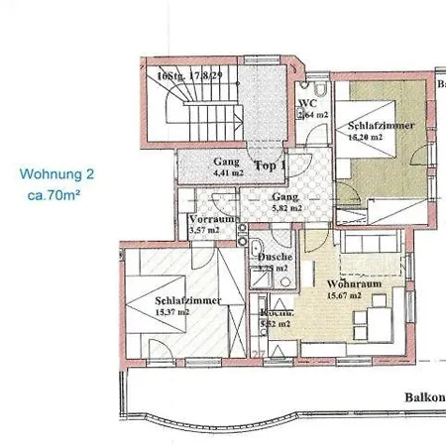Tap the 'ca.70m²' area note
55,196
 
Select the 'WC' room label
307,103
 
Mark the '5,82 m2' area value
286,210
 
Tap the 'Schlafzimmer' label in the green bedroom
376,126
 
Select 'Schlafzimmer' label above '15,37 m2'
186,299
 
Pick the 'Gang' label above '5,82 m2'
286,197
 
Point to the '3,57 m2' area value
205,231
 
